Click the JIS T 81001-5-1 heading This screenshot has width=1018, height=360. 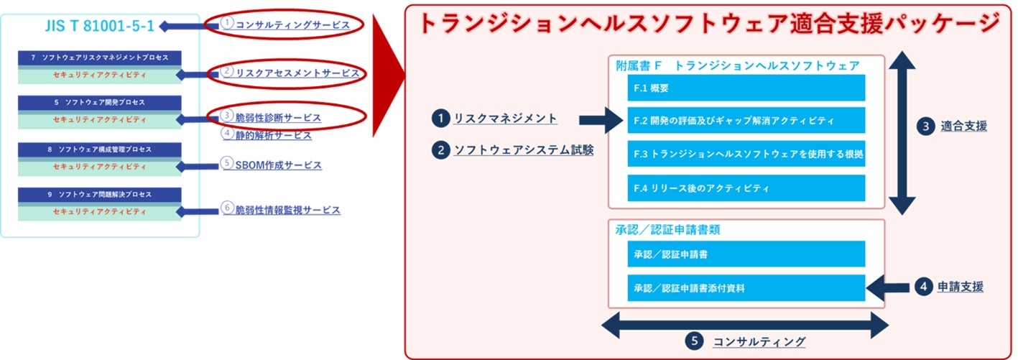[99, 27]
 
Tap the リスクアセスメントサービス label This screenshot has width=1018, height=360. [297, 73]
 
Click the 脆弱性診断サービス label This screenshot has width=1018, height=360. [278, 117]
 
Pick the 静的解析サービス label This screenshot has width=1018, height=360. [273, 134]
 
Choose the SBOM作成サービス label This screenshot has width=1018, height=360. [278, 165]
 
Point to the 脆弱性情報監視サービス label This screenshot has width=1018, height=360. [287, 210]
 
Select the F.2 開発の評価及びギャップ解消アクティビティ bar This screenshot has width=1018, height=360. [746, 121]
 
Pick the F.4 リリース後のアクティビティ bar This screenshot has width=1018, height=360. [746, 188]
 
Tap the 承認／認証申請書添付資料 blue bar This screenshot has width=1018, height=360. [746, 287]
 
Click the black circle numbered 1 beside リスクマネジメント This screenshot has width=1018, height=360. [440, 118]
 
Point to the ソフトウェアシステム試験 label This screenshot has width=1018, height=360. [523, 151]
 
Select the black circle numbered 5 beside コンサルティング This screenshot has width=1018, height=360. [693, 341]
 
